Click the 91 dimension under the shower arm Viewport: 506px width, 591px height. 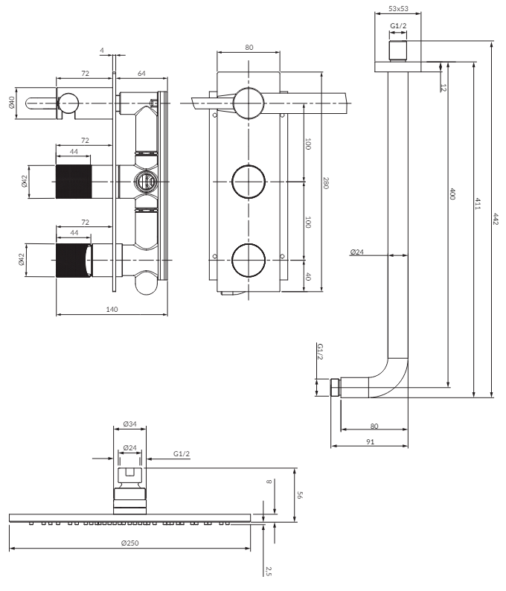(x=370, y=441)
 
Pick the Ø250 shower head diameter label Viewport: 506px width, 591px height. (x=130, y=543)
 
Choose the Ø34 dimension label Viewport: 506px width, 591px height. (x=130, y=424)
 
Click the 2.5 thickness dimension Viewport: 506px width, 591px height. (x=269, y=571)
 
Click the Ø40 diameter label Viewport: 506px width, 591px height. (x=13, y=101)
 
